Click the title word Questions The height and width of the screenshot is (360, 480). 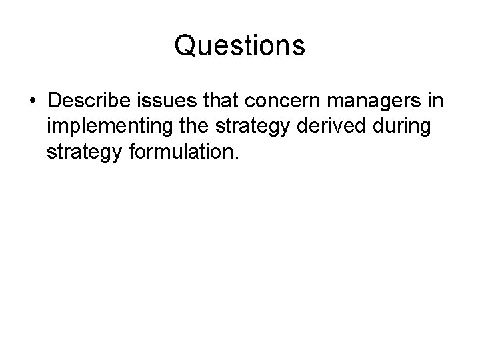(x=239, y=46)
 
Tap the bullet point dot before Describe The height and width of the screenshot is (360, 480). (x=32, y=102)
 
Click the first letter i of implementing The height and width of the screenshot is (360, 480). (x=49, y=127)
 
